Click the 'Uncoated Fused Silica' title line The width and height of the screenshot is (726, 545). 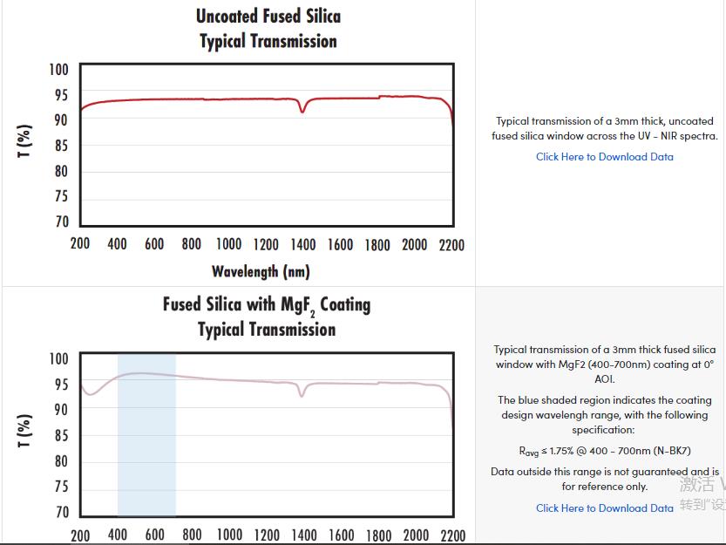[268, 16]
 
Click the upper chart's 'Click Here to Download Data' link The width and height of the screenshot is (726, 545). [604, 157]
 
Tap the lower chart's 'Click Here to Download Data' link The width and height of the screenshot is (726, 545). [604, 508]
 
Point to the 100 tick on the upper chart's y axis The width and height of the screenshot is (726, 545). [58, 70]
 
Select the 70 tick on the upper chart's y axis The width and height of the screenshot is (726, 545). [61, 221]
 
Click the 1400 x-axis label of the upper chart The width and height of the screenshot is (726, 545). [303, 245]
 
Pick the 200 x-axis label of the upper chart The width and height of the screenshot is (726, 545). [80, 245]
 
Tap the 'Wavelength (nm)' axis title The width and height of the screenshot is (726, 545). [261, 271]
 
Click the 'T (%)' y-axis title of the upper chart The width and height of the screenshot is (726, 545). [25, 142]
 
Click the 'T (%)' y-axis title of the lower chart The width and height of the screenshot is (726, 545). [25, 432]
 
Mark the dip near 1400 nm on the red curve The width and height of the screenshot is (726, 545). [302, 111]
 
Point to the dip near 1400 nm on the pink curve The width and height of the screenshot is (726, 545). [302, 396]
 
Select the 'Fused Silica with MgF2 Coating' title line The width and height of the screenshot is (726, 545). [267, 305]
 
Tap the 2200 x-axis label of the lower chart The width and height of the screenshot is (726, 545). [453, 535]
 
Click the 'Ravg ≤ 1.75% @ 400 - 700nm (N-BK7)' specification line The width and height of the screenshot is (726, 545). [604, 451]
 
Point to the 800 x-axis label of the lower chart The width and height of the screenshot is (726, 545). [192, 535]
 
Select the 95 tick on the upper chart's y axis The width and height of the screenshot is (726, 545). [61, 95]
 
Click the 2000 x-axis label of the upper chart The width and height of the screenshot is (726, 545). [415, 245]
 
